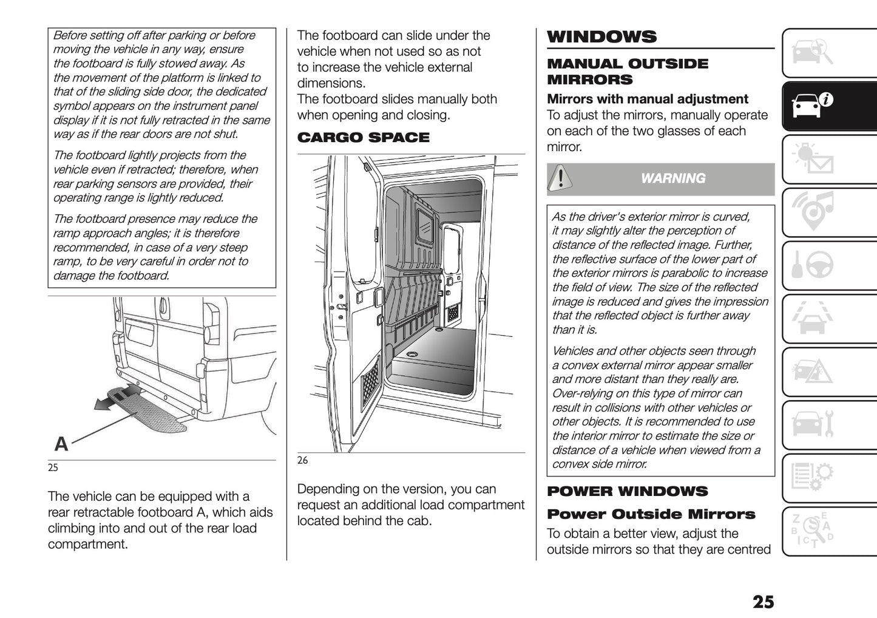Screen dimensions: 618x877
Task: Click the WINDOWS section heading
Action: coord(601,36)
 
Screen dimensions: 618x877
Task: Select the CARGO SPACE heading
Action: coord(363,138)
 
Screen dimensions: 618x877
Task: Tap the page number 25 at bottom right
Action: coord(763,602)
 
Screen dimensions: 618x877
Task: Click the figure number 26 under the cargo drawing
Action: coord(302,460)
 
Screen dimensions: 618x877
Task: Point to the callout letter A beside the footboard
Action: coord(61,444)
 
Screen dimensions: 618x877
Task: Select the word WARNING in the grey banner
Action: coord(673,178)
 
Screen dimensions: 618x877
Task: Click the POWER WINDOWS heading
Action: coord(627,491)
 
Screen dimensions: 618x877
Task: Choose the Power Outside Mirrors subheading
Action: coord(651,514)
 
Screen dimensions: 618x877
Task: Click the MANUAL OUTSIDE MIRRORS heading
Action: coord(627,72)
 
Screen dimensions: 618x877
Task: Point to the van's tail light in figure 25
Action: coord(212,322)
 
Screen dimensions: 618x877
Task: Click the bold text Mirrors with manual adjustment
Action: coord(647,99)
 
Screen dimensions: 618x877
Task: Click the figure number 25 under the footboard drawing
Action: coord(53,468)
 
